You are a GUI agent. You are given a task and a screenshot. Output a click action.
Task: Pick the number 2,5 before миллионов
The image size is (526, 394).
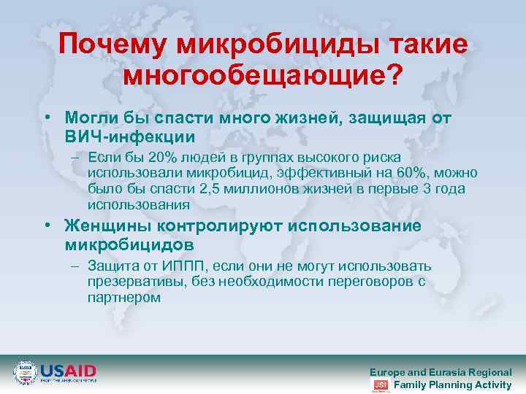click(210, 189)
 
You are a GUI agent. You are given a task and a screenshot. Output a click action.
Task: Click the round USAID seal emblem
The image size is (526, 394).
click(26, 373)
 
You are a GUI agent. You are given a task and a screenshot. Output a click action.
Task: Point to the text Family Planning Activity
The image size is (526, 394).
click(452, 385)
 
